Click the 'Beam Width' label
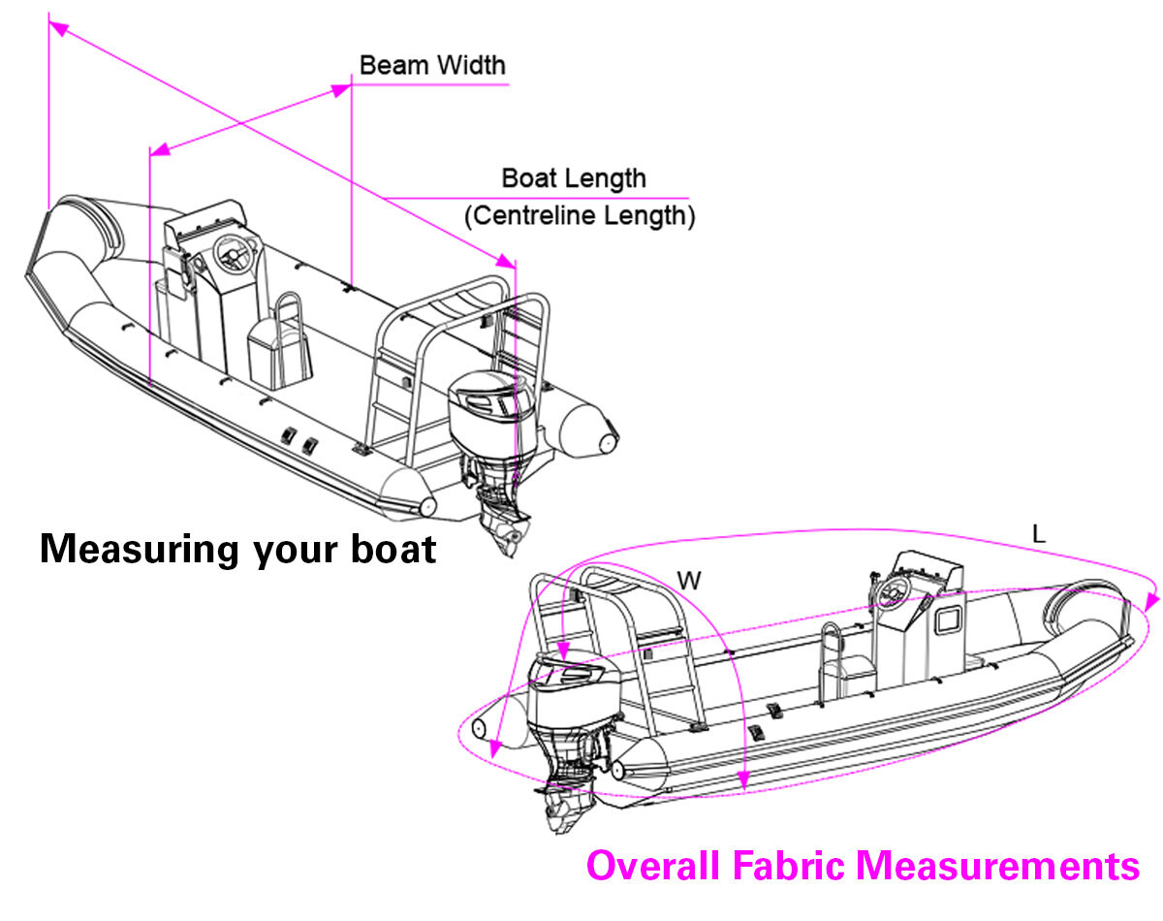tap(432, 66)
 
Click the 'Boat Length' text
tap(574, 178)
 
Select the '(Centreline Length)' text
tap(580, 215)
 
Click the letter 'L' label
tap(1039, 534)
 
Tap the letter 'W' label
tap(689, 581)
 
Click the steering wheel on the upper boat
tap(233, 254)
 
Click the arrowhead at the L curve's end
tap(1150, 601)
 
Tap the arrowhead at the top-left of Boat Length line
tap(58, 30)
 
